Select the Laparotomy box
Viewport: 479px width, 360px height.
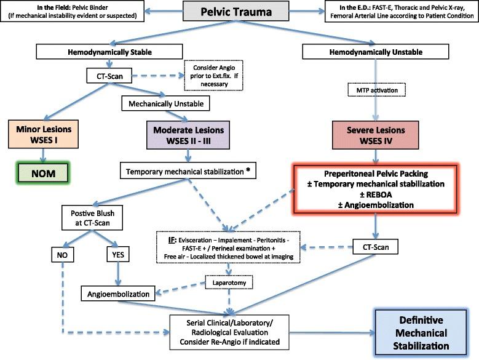coord(230,284)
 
